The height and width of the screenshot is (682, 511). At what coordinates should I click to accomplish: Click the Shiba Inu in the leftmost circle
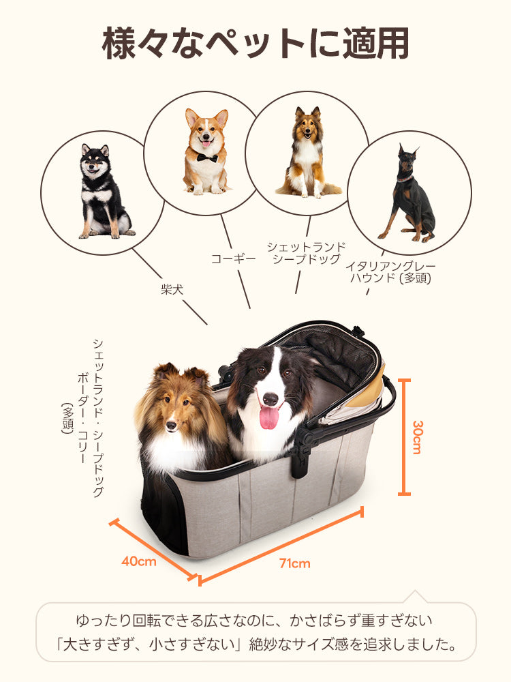[102, 193]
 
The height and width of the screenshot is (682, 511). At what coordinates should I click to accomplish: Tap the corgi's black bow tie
[206, 158]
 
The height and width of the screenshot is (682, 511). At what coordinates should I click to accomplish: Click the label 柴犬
[172, 290]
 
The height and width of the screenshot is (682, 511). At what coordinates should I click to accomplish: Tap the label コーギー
[233, 258]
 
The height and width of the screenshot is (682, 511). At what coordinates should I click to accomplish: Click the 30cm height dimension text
[417, 436]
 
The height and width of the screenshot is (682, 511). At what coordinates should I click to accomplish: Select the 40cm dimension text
[139, 561]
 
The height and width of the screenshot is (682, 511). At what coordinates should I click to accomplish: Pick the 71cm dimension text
[294, 563]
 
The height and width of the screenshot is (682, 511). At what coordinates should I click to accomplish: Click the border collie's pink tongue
[269, 417]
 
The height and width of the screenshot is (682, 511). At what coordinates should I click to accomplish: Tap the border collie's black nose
[270, 398]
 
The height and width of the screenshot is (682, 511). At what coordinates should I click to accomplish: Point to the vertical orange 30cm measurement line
[404, 436]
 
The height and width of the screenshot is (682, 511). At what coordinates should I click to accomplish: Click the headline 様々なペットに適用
[255, 43]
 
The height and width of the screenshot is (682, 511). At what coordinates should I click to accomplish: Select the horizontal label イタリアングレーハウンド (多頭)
[390, 272]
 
